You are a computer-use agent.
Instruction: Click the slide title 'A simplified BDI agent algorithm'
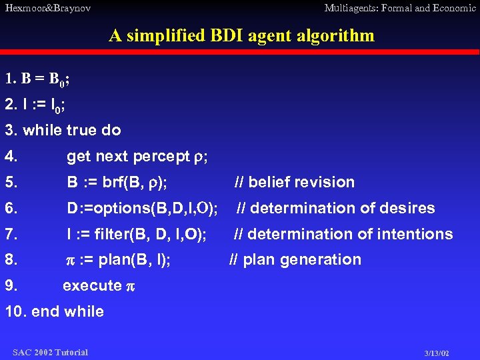click(x=241, y=36)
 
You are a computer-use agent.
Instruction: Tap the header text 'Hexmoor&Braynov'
click(x=47, y=9)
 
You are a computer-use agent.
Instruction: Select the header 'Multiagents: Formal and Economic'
click(x=399, y=9)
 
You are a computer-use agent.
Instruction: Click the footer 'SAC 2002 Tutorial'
click(x=50, y=352)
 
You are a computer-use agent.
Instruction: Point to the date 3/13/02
click(x=437, y=353)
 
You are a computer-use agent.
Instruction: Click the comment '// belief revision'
click(x=294, y=182)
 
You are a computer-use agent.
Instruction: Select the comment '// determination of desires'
click(x=336, y=208)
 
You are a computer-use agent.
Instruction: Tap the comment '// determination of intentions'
click(x=343, y=234)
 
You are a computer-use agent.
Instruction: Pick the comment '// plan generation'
click(x=295, y=259)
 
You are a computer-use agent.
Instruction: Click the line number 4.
click(x=10, y=157)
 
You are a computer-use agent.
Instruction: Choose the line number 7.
click(x=10, y=234)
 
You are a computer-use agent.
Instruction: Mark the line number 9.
click(x=10, y=285)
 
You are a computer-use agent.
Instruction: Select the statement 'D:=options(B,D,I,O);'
click(x=142, y=208)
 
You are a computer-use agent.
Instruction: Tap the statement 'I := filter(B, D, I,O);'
click(x=136, y=234)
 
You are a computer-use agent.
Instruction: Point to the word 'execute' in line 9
click(x=92, y=285)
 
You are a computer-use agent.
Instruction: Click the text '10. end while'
click(x=54, y=311)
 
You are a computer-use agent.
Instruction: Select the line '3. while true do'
click(x=63, y=130)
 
